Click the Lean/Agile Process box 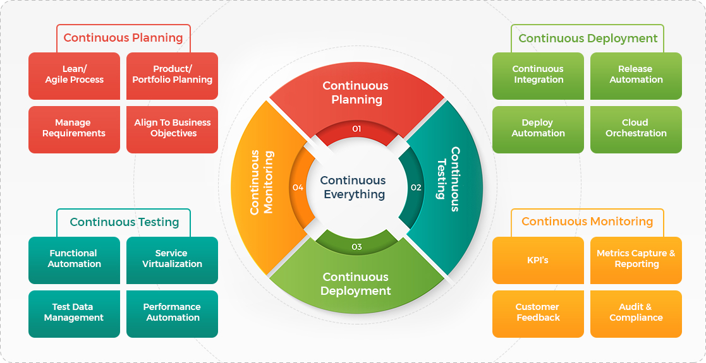tap(74, 75)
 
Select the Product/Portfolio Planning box tap(172, 75)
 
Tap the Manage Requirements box tap(74, 129)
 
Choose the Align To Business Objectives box tap(172, 129)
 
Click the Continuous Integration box tap(538, 75)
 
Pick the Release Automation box tap(636, 75)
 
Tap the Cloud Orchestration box tap(636, 129)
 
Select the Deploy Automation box tap(538, 129)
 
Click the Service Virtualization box tap(172, 259)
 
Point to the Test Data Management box tap(74, 313)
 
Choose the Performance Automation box tap(172, 313)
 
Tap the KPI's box tap(538, 259)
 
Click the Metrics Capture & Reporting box tap(636, 259)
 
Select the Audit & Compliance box tap(636, 313)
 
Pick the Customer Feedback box tap(538, 313)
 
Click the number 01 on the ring tap(356, 129)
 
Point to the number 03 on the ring tap(356, 247)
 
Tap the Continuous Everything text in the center tap(353, 187)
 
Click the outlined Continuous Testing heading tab tap(124, 222)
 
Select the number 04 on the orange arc tap(298, 187)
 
